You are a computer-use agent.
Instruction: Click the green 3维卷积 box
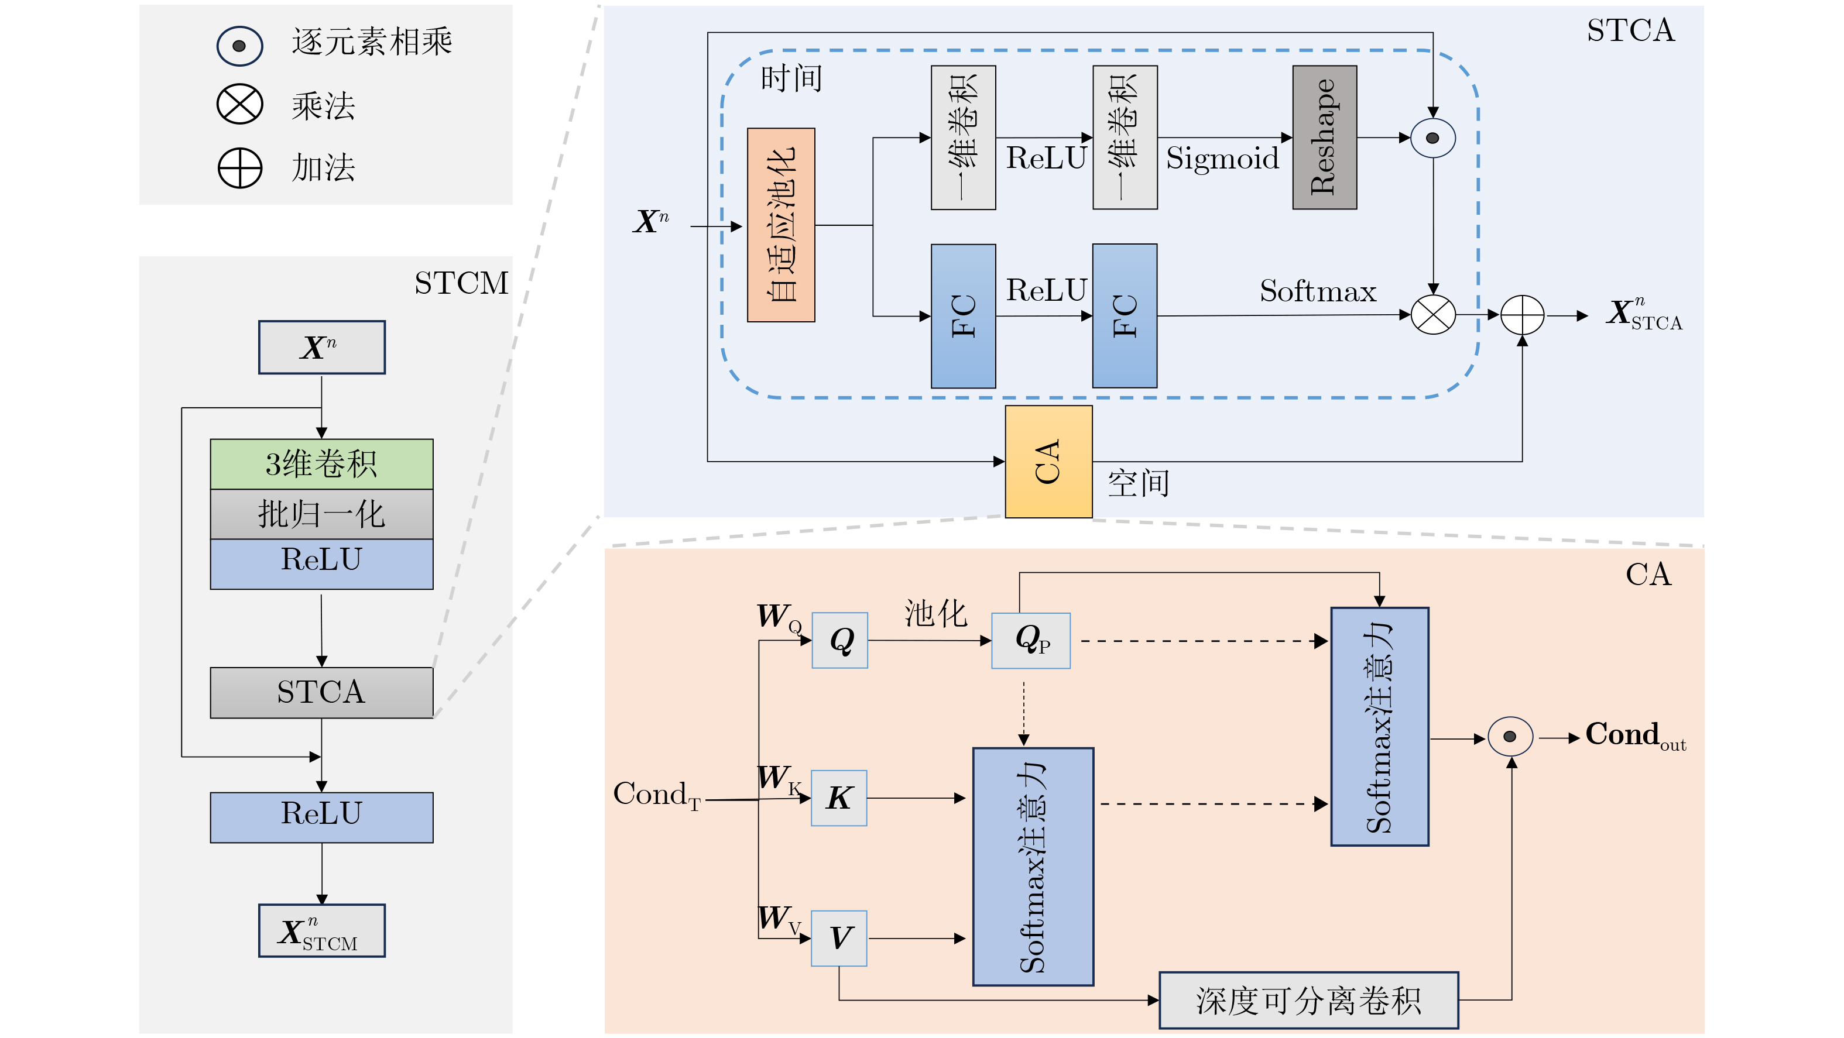pyautogui.click(x=321, y=463)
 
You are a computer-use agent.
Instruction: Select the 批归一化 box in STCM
pyautogui.click(x=321, y=514)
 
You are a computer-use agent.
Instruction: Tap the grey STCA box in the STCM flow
pyautogui.click(x=321, y=692)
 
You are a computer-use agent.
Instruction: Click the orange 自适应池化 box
pyautogui.click(x=781, y=225)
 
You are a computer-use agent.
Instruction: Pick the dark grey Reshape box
pyautogui.click(x=1324, y=138)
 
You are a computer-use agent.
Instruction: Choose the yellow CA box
pyautogui.click(x=1048, y=462)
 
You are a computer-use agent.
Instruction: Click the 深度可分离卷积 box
pyautogui.click(x=1308, y=1000)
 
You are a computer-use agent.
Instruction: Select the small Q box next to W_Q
pyautogui.click(x=839, y=640)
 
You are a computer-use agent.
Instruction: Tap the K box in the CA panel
pyautogui.click(x=839, y=798)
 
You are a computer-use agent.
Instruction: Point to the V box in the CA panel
pyautogui.click(x=839, y=938)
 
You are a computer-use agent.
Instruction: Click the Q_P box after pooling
pyautogui.click(x=1031, y=640)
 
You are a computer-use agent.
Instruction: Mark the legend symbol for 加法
pyautogui.click(x=240, y=168)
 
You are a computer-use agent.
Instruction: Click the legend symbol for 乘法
pyautogui.click(x=240, y=105)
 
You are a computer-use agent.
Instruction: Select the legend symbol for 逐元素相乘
pyautogui.click(x=240, y=46)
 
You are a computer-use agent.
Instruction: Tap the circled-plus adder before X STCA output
pyautogui.click(x=1522, y=315)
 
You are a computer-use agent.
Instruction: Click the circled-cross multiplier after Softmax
pyautogui.click(x=1432, y=315)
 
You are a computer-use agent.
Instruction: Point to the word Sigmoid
pyautogui.click(x=1222, y=158)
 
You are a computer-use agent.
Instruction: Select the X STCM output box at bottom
pyautogui.click(x=321, y=931)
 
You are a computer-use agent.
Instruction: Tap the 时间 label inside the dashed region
pyautogui.click(x=791, y=78)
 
